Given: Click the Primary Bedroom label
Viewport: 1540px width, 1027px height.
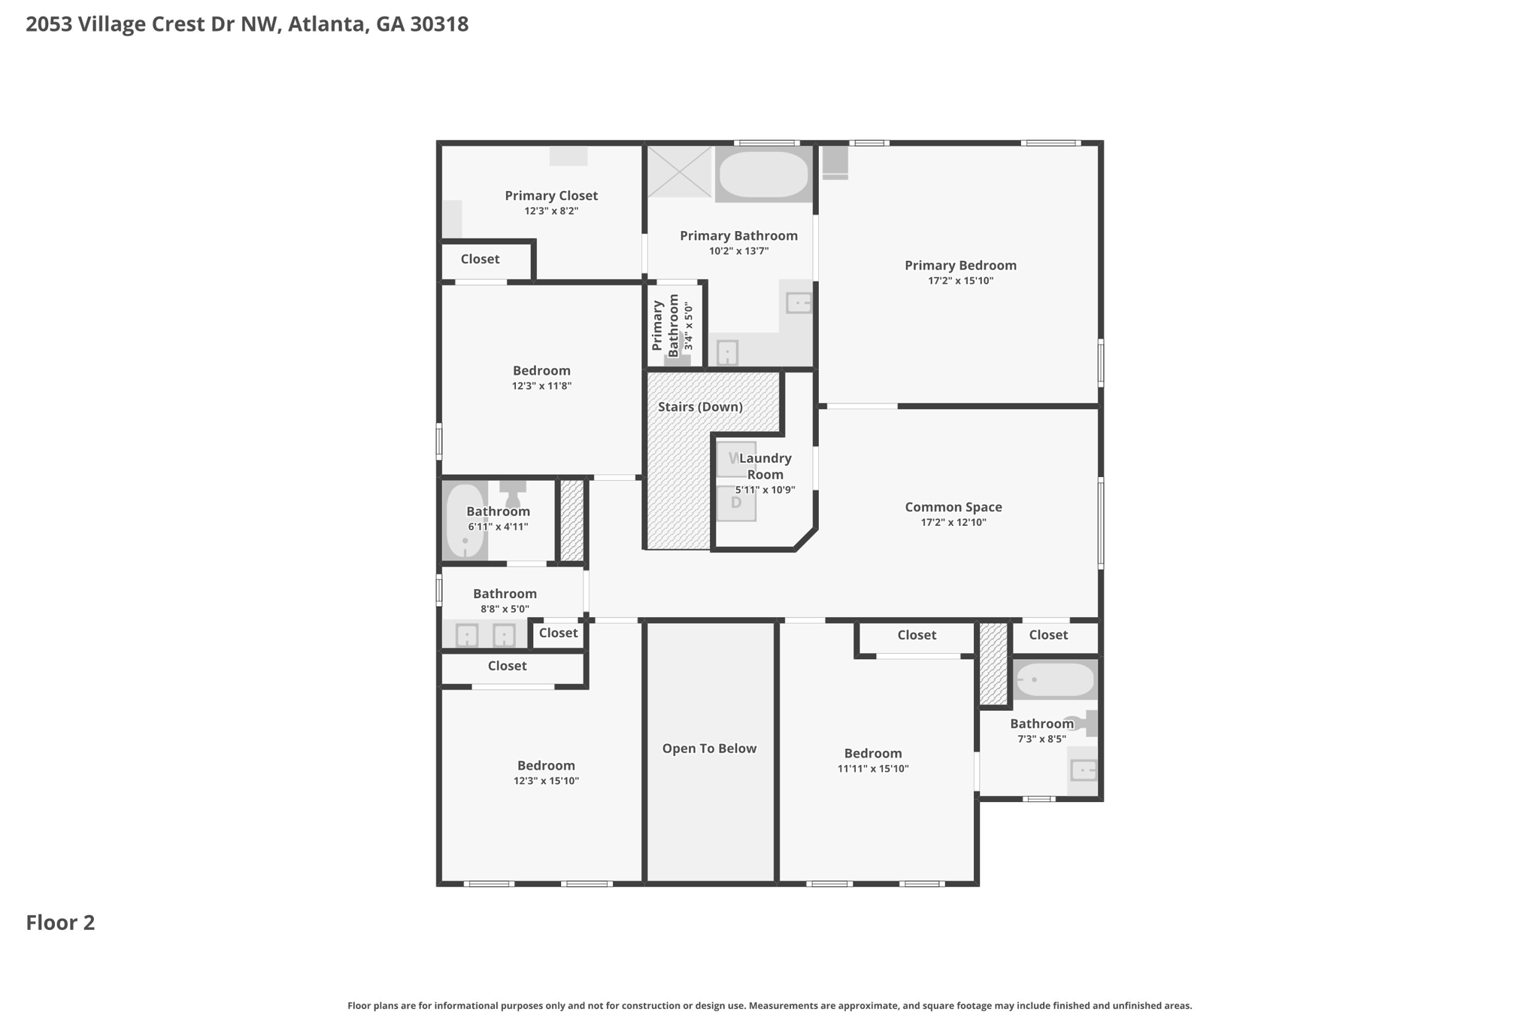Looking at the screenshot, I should (x=960, y=265).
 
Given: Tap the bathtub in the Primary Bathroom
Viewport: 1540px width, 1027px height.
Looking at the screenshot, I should (x=763, y=175).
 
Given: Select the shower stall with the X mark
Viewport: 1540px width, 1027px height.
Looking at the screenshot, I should (x=679, y=172).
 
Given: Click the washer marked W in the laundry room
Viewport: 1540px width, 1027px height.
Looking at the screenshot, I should (x=734, y=458).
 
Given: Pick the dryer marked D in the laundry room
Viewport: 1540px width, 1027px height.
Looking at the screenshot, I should (x=735, y=503).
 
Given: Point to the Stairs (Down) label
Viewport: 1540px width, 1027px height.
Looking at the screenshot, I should (x=700, y=407).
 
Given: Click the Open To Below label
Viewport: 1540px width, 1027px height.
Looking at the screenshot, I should (x=709, y=749).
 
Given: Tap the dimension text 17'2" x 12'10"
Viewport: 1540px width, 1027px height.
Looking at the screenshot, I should (x=953, y=522).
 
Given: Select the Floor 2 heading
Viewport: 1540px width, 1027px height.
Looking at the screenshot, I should (x=60, y=922).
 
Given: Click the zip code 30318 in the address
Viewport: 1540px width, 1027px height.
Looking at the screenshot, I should (x=439, y=24).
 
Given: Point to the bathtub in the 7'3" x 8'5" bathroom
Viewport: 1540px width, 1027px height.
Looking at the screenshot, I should (x=1054, y=680).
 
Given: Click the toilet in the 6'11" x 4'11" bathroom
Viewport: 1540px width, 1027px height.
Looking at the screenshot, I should (x=513, y=496).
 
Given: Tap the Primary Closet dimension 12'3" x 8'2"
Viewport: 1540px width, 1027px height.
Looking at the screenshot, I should (x=551, y=211).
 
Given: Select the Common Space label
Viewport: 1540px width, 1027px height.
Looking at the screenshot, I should (x=953, y=507).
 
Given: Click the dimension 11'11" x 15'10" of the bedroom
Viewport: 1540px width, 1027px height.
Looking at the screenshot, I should (x=872, y=769).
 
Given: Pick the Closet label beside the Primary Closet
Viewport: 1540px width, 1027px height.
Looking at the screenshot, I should (x=480, y=259).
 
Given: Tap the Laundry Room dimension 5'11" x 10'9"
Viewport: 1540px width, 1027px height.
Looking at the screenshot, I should (x=765, y=490).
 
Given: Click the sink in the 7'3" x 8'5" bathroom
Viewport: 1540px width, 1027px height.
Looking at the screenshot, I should (x=1083, y=770).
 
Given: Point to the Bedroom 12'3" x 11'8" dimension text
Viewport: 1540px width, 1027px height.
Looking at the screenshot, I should (x=541, y=386).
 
